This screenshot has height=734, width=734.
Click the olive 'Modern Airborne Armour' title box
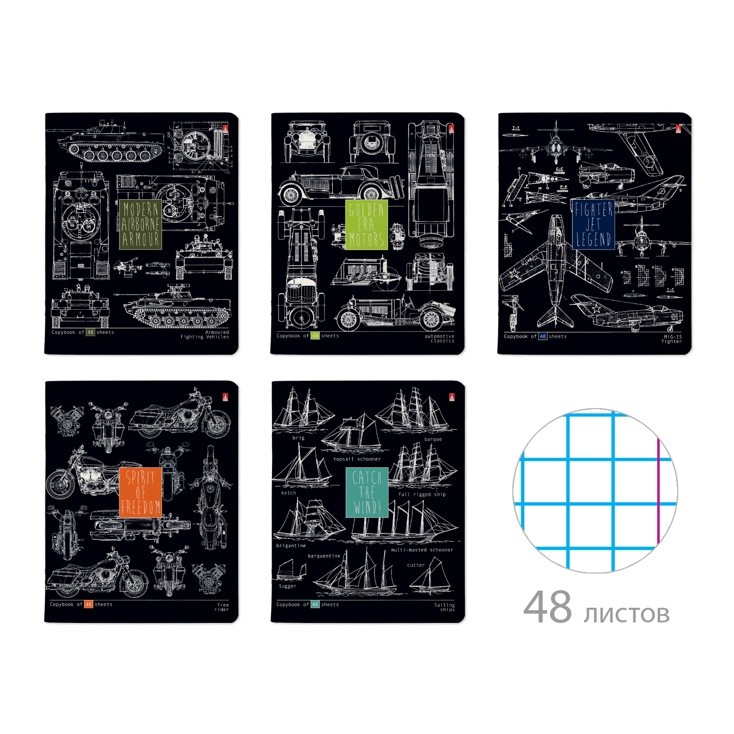(x=140, y=225)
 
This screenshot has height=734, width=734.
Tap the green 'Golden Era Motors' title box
(x=366, y=225)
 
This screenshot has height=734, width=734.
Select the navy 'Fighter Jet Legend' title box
(x=593, y=225)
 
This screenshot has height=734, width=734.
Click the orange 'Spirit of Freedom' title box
(x=140, y=492)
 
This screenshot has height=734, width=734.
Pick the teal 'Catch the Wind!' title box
(x=367, y=492)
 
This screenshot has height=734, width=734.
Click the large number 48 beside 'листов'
(x=548, y=607)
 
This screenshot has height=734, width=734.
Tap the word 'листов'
(x=626, y=614)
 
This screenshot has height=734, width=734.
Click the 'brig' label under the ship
(x=298, y=438)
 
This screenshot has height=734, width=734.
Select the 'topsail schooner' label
(x=357, y=459)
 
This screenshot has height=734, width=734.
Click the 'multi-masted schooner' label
(x=422, y=550)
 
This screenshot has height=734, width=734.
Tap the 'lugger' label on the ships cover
(x=287, y=586)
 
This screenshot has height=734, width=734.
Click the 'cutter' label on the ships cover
(x=416, y=565)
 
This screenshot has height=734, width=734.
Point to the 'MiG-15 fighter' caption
(x=672, y=339)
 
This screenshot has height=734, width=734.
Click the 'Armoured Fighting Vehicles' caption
(x=206, y=335)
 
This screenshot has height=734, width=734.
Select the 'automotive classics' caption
(x=440, y=339)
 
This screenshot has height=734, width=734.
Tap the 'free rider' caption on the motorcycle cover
(x=222, y=607)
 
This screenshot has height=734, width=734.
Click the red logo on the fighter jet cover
(x=678, y=129)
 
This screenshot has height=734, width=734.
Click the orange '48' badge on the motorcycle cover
(x=89, y=604)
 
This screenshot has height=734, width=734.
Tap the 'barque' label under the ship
(x=433, y=439)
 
